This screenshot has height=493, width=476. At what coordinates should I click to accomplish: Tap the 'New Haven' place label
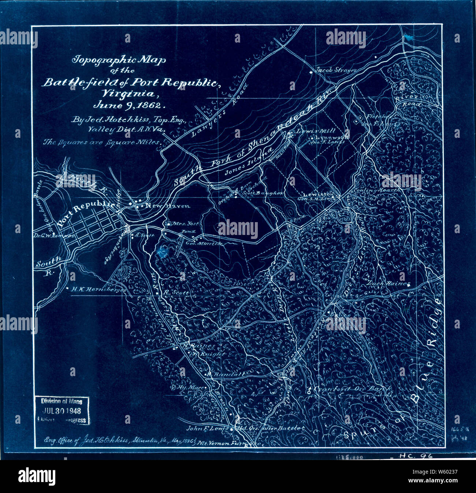pos(168,206)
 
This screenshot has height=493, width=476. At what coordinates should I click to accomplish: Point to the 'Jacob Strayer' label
pos(335,70)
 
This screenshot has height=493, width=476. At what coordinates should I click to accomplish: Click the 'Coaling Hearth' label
pos(373,190)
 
